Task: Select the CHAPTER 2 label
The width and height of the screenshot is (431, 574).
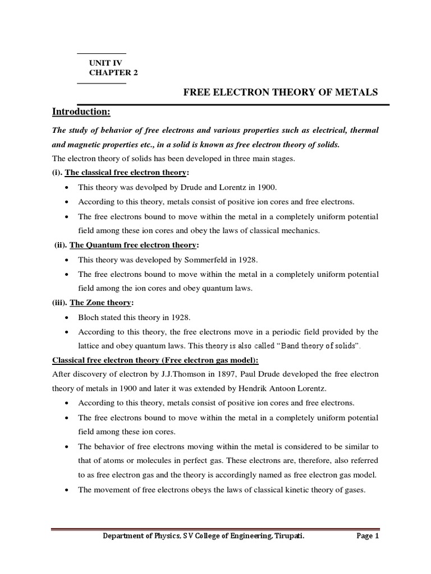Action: click(113, 73)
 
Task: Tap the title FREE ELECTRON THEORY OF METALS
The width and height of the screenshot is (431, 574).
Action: click(281, 92)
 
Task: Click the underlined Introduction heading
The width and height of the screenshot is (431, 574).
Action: click(81, 112)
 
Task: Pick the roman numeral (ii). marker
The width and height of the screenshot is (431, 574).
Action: click(61, 246)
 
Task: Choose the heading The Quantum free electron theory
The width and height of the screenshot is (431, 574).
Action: click(134, 246)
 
